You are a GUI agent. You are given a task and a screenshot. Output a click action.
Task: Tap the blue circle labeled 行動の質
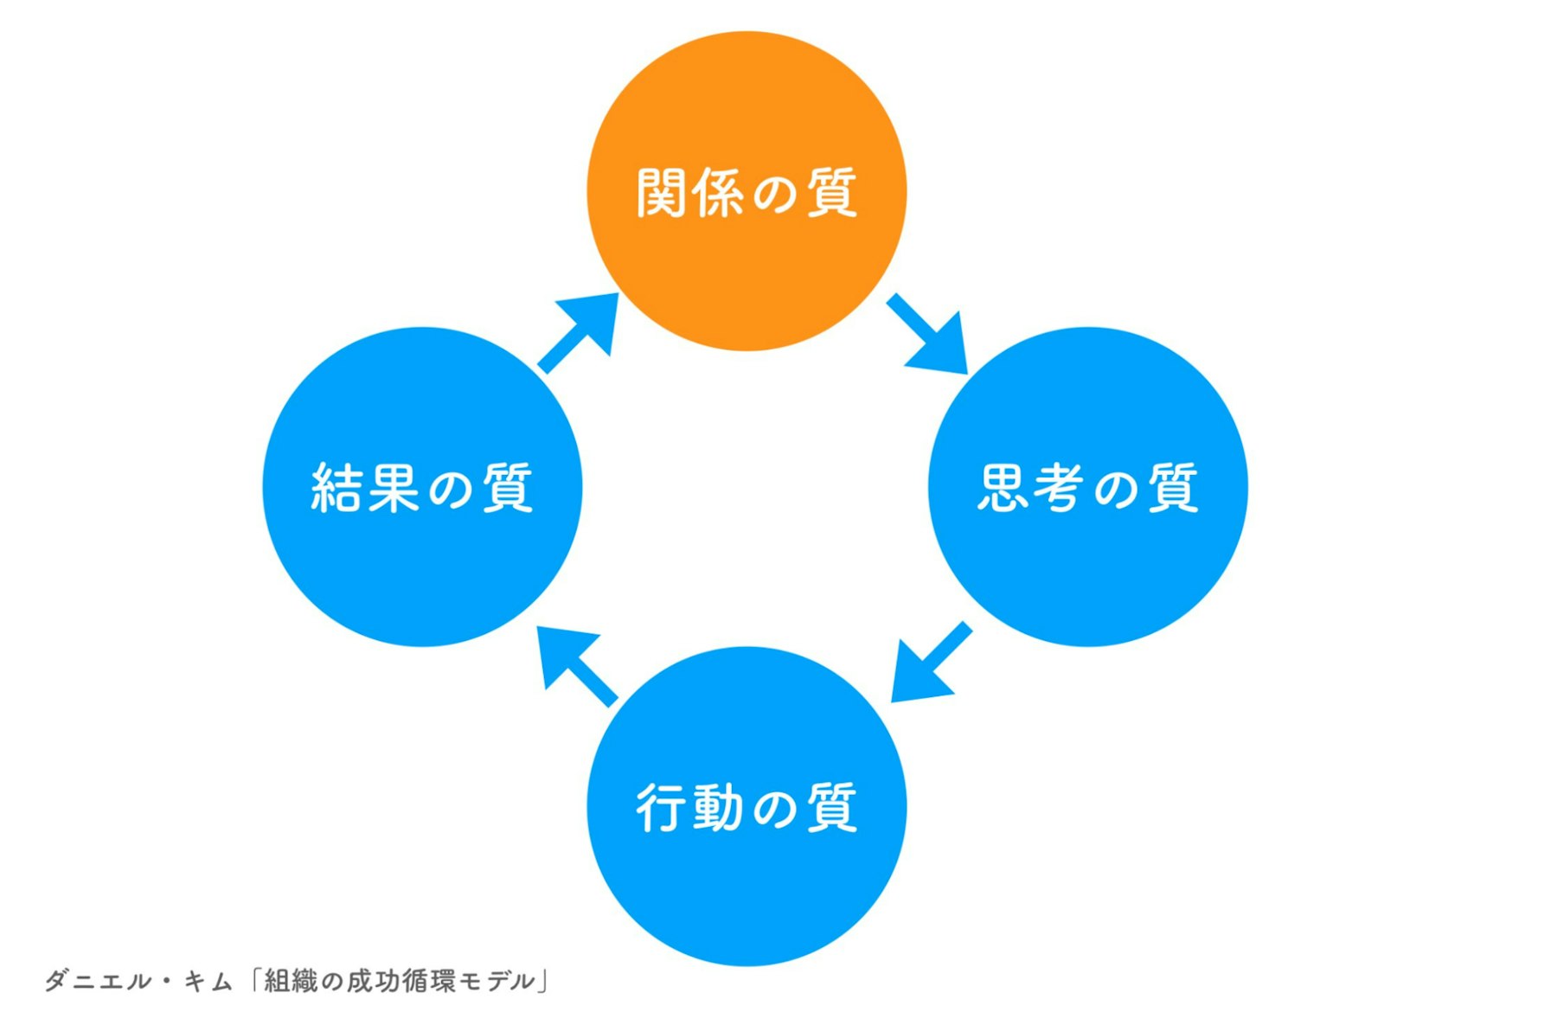(746, 882)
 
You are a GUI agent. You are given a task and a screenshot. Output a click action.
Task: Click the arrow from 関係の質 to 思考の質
(930, 337)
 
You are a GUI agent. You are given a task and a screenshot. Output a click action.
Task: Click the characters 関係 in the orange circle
(689, 192)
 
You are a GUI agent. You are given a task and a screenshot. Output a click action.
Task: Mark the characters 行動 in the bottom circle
(689, 808)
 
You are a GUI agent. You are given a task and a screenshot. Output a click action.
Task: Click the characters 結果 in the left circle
(366, 488)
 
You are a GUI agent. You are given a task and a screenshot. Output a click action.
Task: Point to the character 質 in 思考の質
(1173, 488)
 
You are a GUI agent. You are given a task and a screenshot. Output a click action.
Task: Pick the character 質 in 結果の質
(508, 488)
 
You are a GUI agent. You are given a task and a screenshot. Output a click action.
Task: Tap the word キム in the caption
(208, 981)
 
